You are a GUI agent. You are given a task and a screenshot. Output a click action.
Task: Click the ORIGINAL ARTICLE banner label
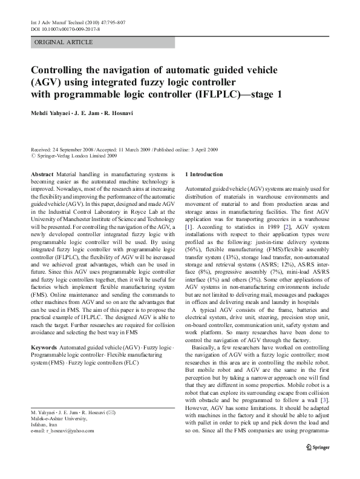point(64,42)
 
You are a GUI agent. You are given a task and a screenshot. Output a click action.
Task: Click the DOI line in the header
point(66,28)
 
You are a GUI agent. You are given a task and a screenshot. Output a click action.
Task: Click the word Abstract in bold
point(42,173)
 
